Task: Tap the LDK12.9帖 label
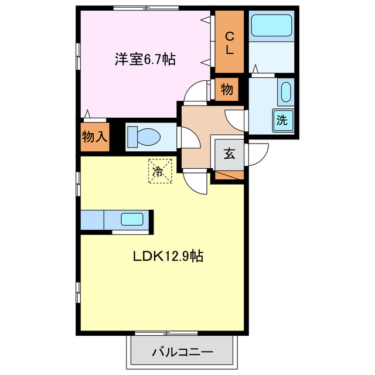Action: pyautogui.click(x=167, y=256)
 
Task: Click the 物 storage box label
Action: pyautogui.click(x=227, y=90)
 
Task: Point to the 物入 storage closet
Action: pyautogui.click(x=94, y=137)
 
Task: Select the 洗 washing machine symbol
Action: pyautogui.click(x=282, y=121)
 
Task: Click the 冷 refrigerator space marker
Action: pyautogui.click(x=159, y=171)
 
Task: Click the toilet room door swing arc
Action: pyautogui.click(x=189, y=138)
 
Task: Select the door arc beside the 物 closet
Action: pyautogui.click(x=195, y=92)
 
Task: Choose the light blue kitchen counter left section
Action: pyautogui.click(x=92, y=221)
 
